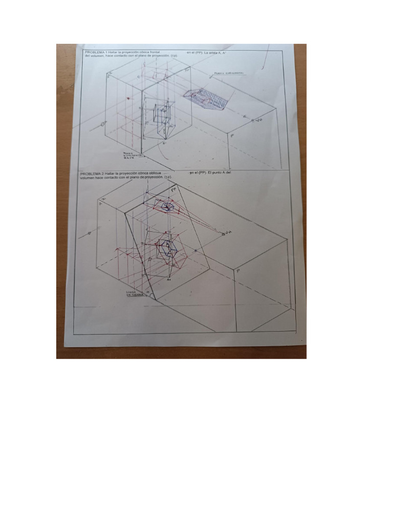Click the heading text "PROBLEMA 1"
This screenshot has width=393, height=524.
[93, 53]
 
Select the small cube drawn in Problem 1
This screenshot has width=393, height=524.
[163, 116]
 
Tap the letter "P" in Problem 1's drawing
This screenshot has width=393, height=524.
[231, 136]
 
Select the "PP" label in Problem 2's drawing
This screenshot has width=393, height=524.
[173, 190]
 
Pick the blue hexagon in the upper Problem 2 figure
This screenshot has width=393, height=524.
[166, 207]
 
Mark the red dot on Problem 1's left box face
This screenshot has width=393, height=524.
[127, 98]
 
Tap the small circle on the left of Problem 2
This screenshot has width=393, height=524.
[90, 233]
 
